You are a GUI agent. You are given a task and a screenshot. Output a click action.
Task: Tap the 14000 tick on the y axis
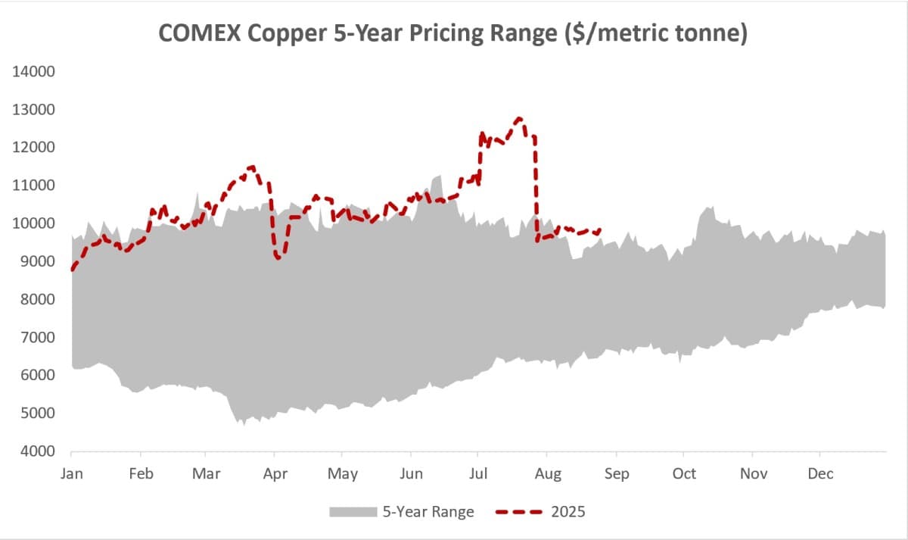pos(34,72)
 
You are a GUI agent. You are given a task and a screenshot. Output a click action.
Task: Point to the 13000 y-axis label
pos(34,110)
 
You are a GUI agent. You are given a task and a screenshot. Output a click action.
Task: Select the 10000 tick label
pos(34,223)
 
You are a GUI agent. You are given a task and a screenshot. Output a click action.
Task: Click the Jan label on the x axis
pos(71,474)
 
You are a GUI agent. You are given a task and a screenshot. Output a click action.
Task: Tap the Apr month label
pos(275,474)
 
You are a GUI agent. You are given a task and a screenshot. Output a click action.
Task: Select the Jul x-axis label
pos(479,474)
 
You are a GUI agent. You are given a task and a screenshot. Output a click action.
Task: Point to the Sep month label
pos(616,474)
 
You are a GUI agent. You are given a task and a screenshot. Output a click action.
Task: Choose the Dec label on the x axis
pos(821,474)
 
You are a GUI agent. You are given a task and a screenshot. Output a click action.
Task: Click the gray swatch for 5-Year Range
pos(353,513)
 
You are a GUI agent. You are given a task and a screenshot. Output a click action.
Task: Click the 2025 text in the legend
pos(570,513)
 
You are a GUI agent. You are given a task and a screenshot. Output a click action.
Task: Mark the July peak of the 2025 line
pos(518,119)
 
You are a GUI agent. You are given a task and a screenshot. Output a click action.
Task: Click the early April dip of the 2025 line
pos(278,258)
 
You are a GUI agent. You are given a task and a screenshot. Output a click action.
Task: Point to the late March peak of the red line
pos(252,167)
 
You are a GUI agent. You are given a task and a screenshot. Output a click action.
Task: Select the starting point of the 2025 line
pos(72,269)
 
